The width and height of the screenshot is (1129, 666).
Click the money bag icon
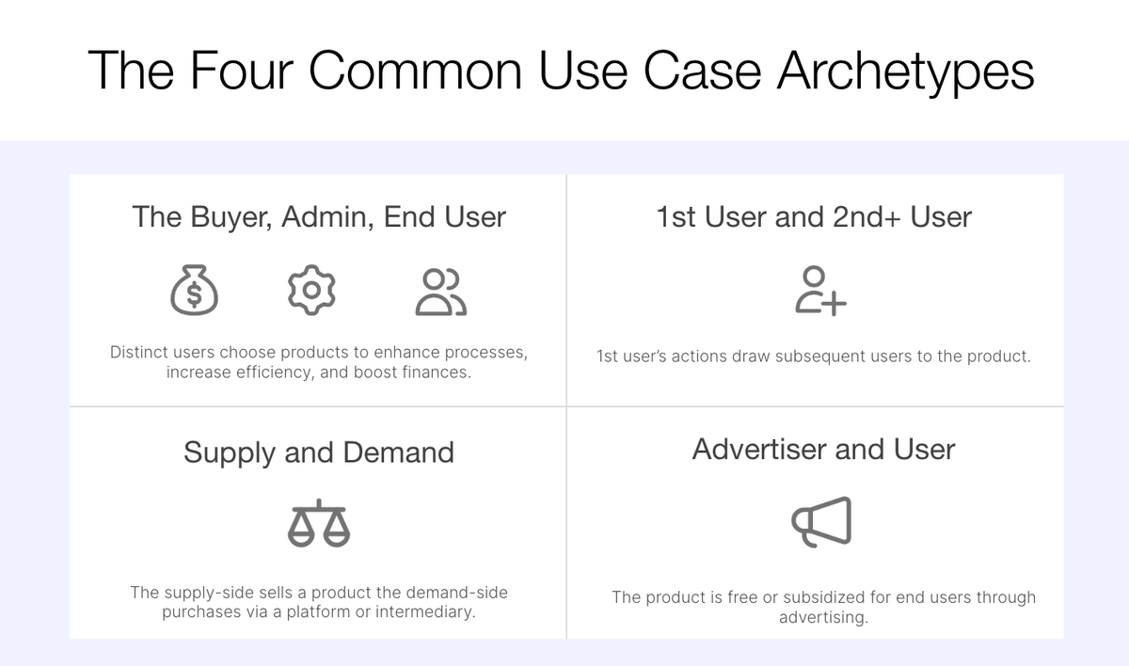194,292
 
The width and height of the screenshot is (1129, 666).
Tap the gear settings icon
311,291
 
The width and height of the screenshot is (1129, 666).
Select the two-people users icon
440,292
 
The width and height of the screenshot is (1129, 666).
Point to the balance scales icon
318,523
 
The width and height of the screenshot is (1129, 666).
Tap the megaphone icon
821,521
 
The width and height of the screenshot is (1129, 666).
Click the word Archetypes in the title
906,71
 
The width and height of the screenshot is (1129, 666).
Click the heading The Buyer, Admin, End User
319,217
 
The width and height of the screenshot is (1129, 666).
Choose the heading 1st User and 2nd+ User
814,217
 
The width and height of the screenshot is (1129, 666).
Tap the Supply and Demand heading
319,452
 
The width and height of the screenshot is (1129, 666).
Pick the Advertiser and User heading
823,450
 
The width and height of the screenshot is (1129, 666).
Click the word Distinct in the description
140,353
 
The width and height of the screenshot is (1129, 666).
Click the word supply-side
210,593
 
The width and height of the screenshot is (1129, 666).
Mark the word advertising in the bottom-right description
822,618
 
